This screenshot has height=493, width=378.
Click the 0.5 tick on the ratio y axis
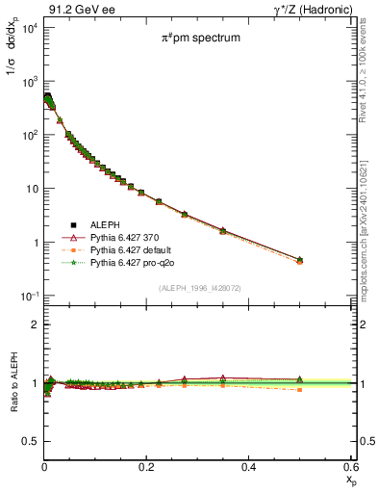32,441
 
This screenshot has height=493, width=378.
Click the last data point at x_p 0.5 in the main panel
299,260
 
